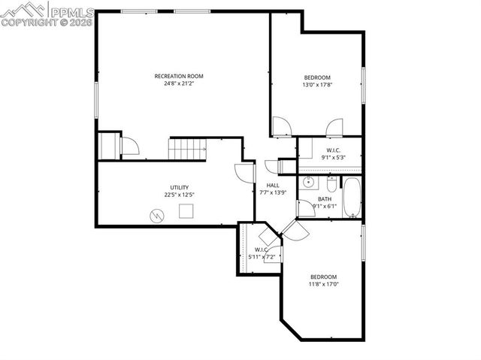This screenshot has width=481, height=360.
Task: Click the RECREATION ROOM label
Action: [x=179, y=76]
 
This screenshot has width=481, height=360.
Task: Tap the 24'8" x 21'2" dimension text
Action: [x=179, y=83]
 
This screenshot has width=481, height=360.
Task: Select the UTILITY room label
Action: [x=179, y=187]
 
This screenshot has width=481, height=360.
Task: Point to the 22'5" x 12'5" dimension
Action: [x=179, y=195]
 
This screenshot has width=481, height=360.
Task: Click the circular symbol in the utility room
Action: [x=157, y=216]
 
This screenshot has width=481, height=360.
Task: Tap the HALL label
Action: [x=273, y=186]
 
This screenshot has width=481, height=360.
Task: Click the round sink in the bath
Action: [x=309, y=183]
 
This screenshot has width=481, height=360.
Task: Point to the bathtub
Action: [x=352, y=198]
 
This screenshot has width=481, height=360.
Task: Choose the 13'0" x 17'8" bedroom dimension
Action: [x=316, y=85]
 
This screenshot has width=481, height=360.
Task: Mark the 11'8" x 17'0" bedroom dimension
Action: [x=324, y=284]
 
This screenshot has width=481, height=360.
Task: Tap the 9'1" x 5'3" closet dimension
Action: [x=334, y=158]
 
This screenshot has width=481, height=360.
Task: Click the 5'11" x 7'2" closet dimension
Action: [x=262, y=257]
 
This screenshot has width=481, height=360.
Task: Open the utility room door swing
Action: [x=244, y=173]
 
